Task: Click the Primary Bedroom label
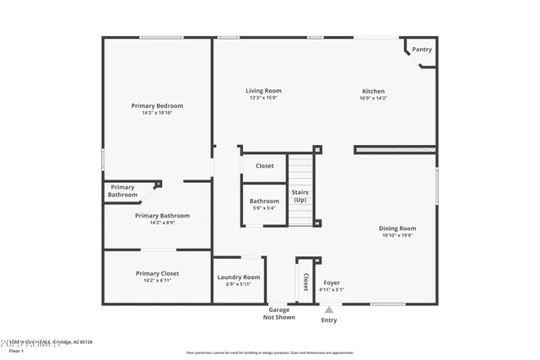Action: pos(157,105)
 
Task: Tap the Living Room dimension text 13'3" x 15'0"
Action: pos(263,98)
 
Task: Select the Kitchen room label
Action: pos(373,91)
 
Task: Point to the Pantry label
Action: pos(422,50)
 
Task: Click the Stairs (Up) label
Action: pos(300,196)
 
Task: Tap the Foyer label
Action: pos(332,282)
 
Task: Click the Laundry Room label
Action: pos(239,277)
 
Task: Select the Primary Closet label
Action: pos(157,273)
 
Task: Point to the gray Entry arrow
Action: pos(329,310)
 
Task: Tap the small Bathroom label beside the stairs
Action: pos(264,201)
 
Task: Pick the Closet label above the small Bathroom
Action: pos(264,166)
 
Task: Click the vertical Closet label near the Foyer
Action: pos(305,281)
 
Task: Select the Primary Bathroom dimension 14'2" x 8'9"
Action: pos(162,223)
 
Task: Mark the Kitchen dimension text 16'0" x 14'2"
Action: pos(373,98)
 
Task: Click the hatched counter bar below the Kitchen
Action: pos(395,150)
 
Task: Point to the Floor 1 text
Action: pos(11,348)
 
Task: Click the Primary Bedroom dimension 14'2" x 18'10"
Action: pos(157,113)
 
